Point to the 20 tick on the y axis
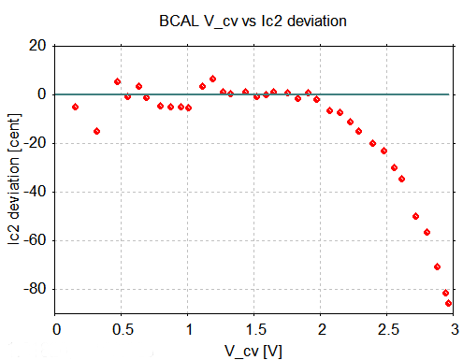(x=38, y=46)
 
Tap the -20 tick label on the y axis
(x=36, y=143)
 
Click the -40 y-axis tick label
(x=36, y=192)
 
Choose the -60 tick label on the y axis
(x=36, y=240)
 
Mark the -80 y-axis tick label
(x=36, y=289)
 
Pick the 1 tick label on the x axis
(x=189, y=328)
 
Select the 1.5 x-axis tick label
(x=255, y=328)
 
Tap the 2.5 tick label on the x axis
(x=387, y=328)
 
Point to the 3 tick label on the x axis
(x=454, y=328)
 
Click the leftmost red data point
(x=75, y=107)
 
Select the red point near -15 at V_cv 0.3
(x=96, y=131)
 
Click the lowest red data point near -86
(x=449, y=303)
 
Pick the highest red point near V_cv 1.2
(x=212, y=79)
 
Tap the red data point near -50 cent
(x=416, y=216)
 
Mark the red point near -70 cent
(x=437, y=266)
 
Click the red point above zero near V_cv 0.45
(x=117, y=81)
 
